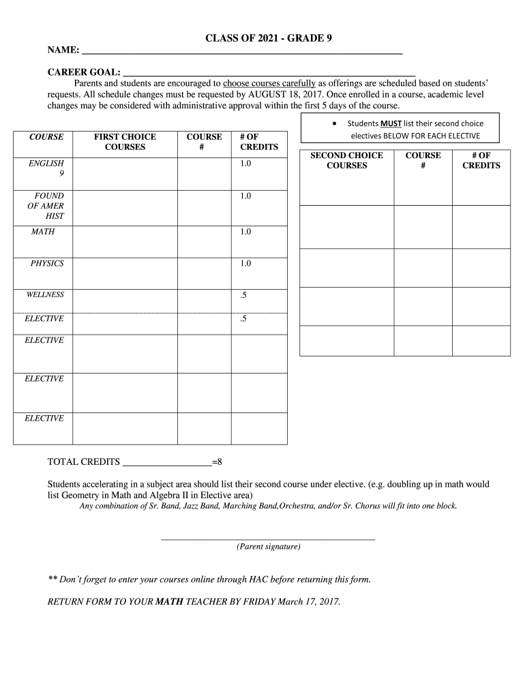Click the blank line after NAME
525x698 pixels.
pyautogui.click(x=242, y=52)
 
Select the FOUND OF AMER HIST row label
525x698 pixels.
pyautogui.click(x=46, y=206)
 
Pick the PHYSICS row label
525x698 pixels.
pyautogui.click(x=47, y=263)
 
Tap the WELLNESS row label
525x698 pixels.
pyautogui.click(x=45, y=294)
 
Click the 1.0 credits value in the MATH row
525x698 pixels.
pyautogui.click(x=245, y=232)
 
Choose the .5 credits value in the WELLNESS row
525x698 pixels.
pyautogui.click(x=243, y=295)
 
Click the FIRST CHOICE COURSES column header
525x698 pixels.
pyautogui.click(x=125, y=142)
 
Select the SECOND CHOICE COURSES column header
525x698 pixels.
pyautogui.click(x=346, y=160)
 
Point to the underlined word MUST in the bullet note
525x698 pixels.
pyautogui.click(x=391, y=123)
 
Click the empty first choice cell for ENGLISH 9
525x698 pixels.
pyautogui.click(x=125, y=174)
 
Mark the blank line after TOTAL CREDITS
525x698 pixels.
pyautogui.click(x=167, y=462)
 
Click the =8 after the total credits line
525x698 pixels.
pyautogui.click(x=217, y=462)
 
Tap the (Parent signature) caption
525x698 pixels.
pyautogui.click(x=268, y=547)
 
